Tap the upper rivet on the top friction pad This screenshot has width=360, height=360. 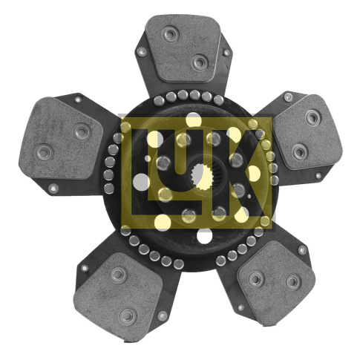[171, 33]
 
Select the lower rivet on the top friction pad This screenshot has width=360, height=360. [200, 62]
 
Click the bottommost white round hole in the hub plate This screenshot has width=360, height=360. [205, 235]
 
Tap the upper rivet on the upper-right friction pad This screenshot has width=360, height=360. [312, 117]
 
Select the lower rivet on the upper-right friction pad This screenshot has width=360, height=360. [300, 151]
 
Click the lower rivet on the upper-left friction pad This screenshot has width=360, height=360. [45, 152]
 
